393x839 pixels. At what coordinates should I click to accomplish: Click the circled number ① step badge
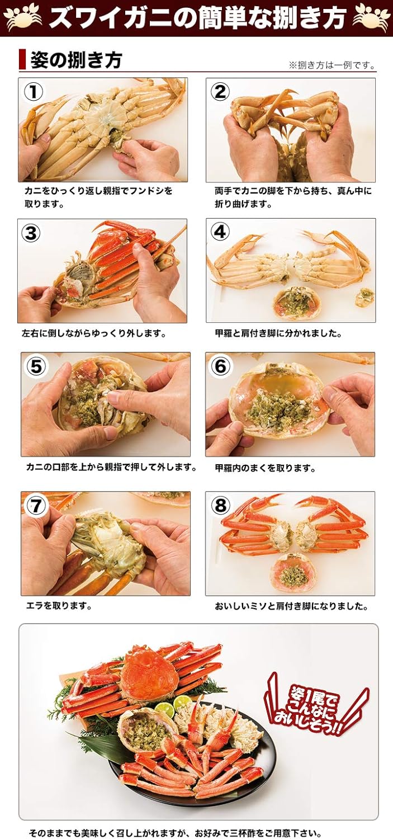(x=34, y=92)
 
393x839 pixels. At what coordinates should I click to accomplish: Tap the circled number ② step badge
(x=220, y=91)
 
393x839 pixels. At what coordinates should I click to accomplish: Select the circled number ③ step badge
(x=31, y=233)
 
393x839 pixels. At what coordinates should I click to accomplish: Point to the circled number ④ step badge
(x=220, y=232)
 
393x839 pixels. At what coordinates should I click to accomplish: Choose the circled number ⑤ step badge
(x=36, y=366)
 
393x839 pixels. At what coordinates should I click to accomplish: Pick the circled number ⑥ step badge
(x=220, y=366)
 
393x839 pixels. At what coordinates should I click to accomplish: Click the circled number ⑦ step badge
(x=36, y=506)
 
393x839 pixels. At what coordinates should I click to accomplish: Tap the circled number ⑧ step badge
(x=220, y=506)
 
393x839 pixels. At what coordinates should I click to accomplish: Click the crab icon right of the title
(x=371, y=17)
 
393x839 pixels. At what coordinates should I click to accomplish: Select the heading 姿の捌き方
(x=76, y=60)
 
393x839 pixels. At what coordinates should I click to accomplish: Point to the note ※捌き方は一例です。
(x=332, y=65)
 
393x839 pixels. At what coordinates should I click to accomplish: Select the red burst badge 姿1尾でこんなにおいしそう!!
(x=316, y=706)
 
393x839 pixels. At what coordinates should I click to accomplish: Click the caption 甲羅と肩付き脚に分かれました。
(x=278, y=333)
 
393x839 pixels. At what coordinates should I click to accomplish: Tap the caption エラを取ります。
(x=59, y=606)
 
